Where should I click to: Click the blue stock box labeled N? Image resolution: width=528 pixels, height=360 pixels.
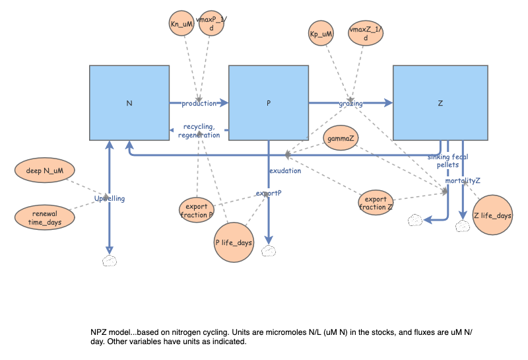129,102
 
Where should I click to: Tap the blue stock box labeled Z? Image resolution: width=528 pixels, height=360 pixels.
440,102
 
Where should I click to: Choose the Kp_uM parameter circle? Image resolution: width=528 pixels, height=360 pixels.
321,32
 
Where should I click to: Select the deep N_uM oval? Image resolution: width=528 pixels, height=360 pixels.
44,171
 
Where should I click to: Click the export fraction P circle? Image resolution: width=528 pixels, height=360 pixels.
197,209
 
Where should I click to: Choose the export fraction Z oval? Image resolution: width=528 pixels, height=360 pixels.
376,202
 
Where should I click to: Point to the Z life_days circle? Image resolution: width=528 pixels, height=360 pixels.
493,215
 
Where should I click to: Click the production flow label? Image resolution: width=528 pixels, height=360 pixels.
199,103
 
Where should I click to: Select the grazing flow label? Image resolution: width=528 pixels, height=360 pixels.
350,103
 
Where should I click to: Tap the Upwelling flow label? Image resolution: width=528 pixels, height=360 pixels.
109,198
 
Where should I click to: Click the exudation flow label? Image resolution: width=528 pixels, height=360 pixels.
284,170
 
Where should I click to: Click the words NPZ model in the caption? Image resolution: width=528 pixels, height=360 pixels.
110,330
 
